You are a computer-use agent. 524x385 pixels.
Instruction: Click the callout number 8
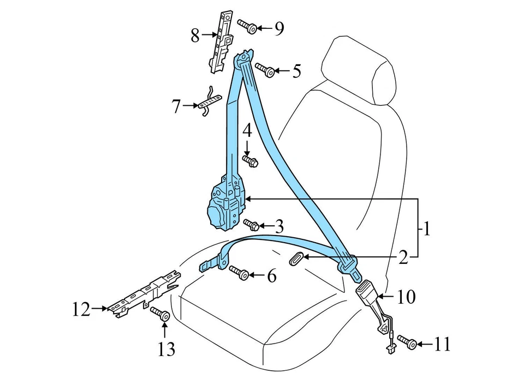pos(195,36)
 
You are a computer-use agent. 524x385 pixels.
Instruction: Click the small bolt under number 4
pos(249,160)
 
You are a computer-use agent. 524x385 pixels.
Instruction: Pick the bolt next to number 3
pos(251,224)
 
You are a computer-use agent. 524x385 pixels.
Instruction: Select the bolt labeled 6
pos(239,272)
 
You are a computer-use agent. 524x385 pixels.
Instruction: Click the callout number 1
pos(426,228)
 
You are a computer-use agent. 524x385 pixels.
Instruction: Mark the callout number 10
pos(407,297)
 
